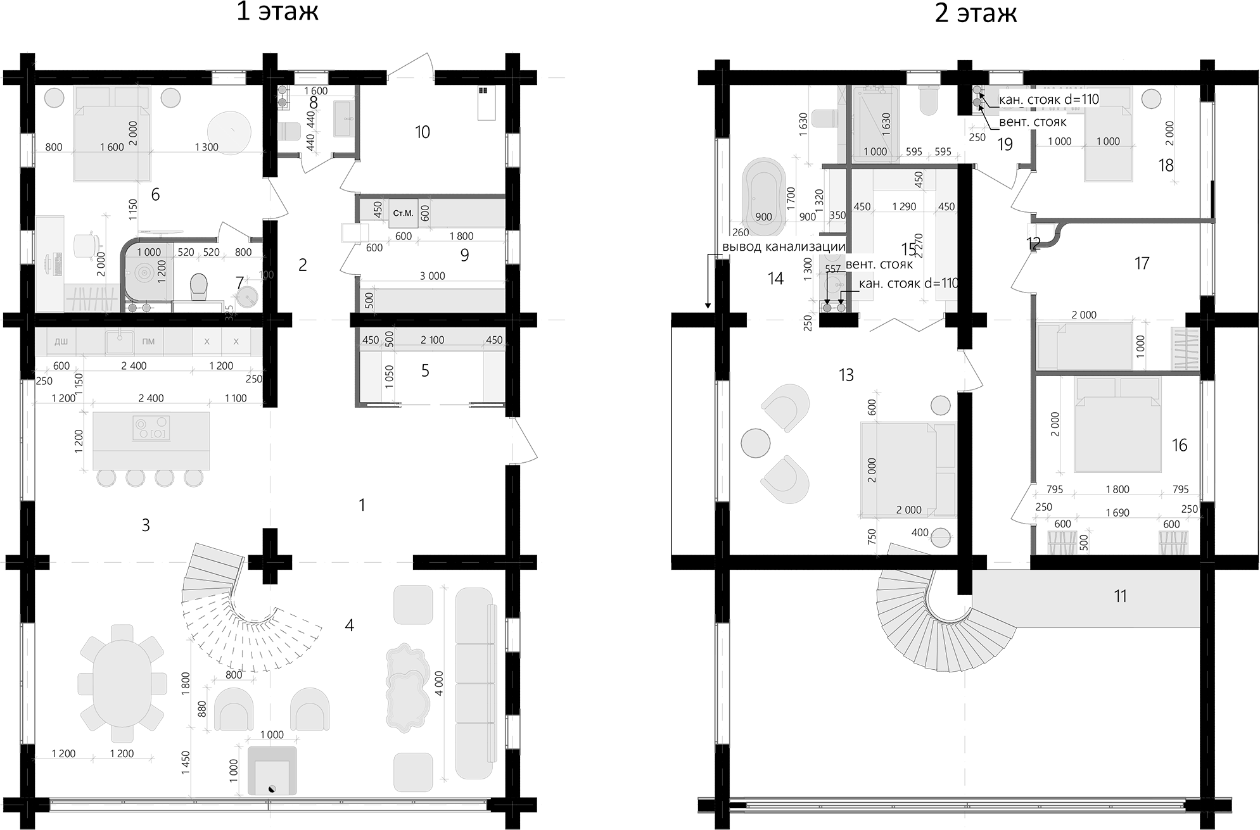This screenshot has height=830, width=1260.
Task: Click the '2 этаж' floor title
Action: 975,13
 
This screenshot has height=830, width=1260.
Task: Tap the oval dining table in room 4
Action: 122,683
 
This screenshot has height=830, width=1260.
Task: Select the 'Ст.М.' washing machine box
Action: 403,213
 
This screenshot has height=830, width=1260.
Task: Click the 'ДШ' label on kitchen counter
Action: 61,342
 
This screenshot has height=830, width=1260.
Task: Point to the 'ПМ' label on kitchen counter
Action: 148,342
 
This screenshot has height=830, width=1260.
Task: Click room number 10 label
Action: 422,132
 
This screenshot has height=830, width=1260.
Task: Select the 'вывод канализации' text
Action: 784,247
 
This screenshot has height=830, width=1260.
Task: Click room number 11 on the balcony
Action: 1120,596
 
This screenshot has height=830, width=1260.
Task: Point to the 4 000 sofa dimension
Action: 440,683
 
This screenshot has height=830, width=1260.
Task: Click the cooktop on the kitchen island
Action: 151,427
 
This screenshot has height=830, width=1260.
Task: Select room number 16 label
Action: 1179,445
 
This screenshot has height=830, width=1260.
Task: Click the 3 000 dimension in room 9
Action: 432,276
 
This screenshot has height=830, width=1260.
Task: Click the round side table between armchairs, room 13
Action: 756,443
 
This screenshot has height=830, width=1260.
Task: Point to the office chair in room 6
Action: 87,243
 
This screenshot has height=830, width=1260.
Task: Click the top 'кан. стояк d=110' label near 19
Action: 1048,99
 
